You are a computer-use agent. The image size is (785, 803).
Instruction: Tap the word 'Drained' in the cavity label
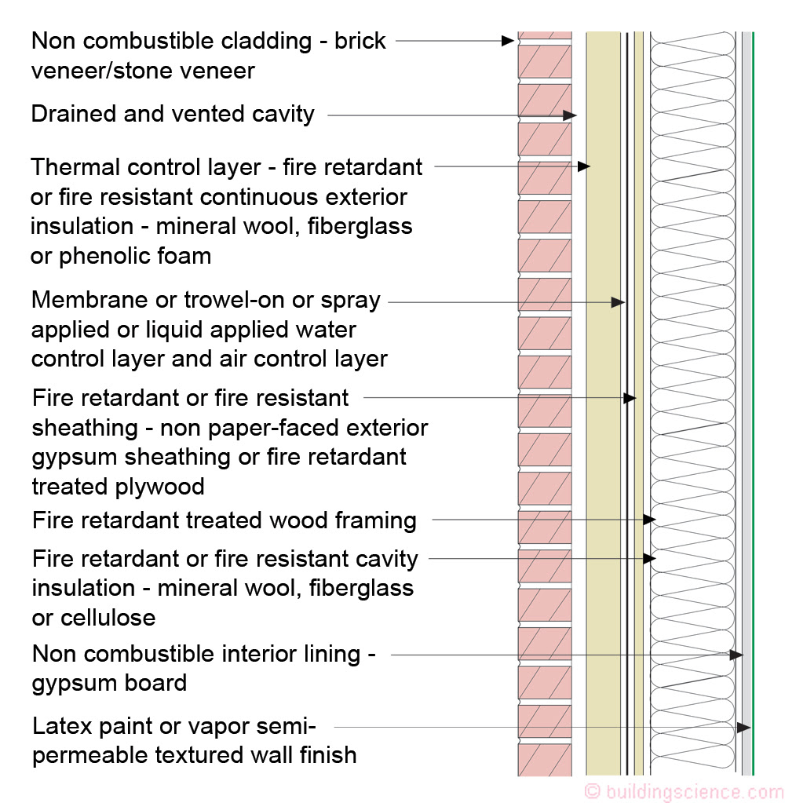(74, 114)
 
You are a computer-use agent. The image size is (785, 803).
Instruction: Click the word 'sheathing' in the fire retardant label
(85, 428)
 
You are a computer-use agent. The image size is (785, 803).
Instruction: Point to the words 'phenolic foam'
(135, 257)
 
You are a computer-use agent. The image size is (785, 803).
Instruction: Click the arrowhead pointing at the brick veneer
(507, 41)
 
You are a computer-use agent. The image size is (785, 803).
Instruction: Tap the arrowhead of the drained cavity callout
(570, 115)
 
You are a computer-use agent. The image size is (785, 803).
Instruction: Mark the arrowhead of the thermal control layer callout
(584, 166)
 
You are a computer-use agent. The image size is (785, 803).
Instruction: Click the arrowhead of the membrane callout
(618, 302)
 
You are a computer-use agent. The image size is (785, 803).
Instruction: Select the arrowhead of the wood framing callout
(649, 520)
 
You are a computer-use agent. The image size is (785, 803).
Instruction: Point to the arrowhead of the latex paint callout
(744, 727)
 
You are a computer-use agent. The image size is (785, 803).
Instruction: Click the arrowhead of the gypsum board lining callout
(737, 655)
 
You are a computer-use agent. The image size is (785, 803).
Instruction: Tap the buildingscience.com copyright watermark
(684, 792)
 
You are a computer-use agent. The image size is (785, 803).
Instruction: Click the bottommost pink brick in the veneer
(545, 760)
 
